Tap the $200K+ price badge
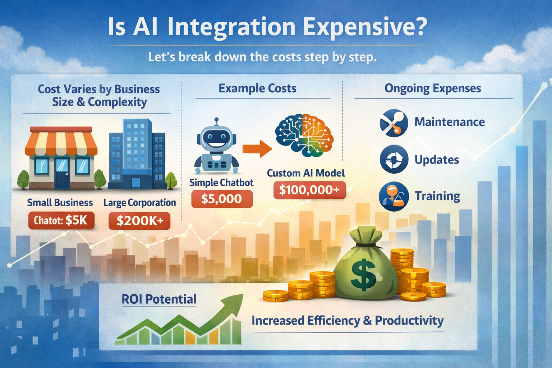[x=139, y=220]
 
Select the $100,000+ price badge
[x=309, y=190]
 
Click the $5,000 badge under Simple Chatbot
[x=221, y=199]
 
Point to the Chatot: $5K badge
[x=61, y=220]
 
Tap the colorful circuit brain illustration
[x=304, y=135]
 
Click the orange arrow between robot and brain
[x=257, y=148]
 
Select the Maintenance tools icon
[x=394, y=123]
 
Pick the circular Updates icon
[x=394, y=160]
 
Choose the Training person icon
[x=394, y=196]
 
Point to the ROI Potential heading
[x=159, y=299]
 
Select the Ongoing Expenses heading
[x=433, y=88]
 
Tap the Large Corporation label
[x=139, y=203]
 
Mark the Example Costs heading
[x=257, y=88]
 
